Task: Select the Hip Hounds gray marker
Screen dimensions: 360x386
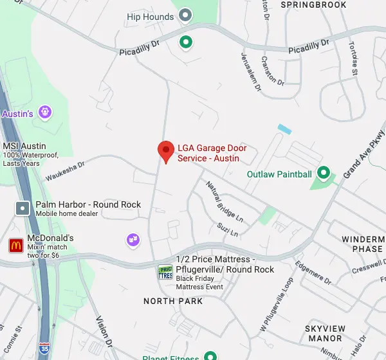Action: click(186, 14)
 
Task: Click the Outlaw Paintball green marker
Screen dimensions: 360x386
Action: click(324, 172)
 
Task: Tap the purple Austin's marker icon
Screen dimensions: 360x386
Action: click(44, 113)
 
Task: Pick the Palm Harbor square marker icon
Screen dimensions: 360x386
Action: click(23, 208)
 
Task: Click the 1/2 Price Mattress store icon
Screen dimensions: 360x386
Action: click(165, 272)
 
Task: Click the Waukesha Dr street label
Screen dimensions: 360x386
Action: click(65, 168)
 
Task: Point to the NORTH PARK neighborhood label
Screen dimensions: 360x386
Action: click(173, 301)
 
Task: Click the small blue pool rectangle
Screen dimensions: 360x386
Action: click(284, 129)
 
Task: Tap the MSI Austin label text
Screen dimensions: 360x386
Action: click(24, 146)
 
